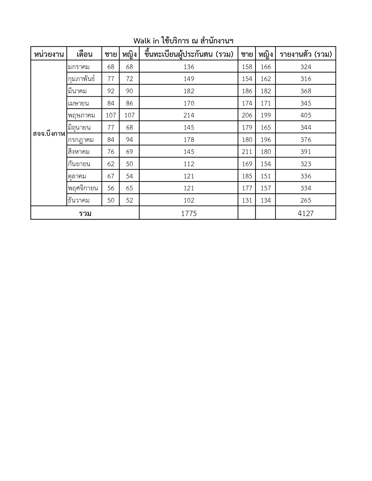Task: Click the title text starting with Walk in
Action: [183, 41]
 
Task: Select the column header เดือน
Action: [84, 54]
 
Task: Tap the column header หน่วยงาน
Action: [49, 54]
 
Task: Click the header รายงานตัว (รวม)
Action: [305, 54]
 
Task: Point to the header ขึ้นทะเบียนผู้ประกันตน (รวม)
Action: [189, 54]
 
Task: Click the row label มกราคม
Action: [79, 67]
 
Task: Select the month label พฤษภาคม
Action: [81, 115]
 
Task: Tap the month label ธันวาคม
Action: [79, 201]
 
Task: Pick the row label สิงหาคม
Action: [79, 152]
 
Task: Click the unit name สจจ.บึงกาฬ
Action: [49, 134]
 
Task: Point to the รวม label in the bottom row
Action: [85, 214]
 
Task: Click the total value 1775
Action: [189, 214]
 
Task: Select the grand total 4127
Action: [305, 214]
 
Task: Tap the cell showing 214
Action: [189, 115]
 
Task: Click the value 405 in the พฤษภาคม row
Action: [305, 115]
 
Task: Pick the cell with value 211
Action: [247, 152]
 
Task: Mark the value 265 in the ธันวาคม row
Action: [305, 201]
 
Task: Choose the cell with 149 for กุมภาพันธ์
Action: [189, 79]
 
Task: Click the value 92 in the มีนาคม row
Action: [111, 91]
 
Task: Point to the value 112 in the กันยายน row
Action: [189, 164]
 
